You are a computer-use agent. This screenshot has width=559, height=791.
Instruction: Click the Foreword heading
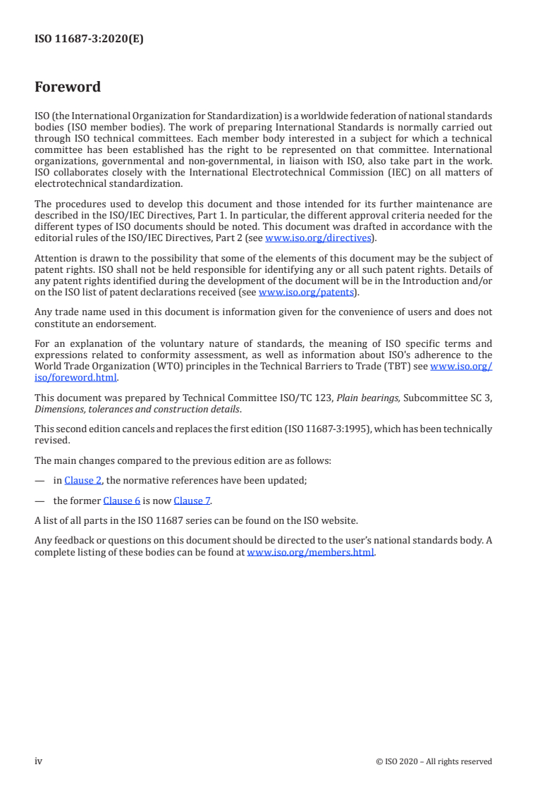coord(68,87)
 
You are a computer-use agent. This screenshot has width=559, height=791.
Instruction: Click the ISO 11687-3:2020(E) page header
coord(89,39)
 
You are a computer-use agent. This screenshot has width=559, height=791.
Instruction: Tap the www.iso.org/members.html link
coord(310,553)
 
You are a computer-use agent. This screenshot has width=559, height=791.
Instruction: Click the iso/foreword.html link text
coord(75,377)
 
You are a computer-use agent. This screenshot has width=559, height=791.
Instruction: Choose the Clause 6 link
coord(121,501)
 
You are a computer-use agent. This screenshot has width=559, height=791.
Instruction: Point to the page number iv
coord(39,761)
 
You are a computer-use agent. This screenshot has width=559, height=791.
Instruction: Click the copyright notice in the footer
coord(434,761)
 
